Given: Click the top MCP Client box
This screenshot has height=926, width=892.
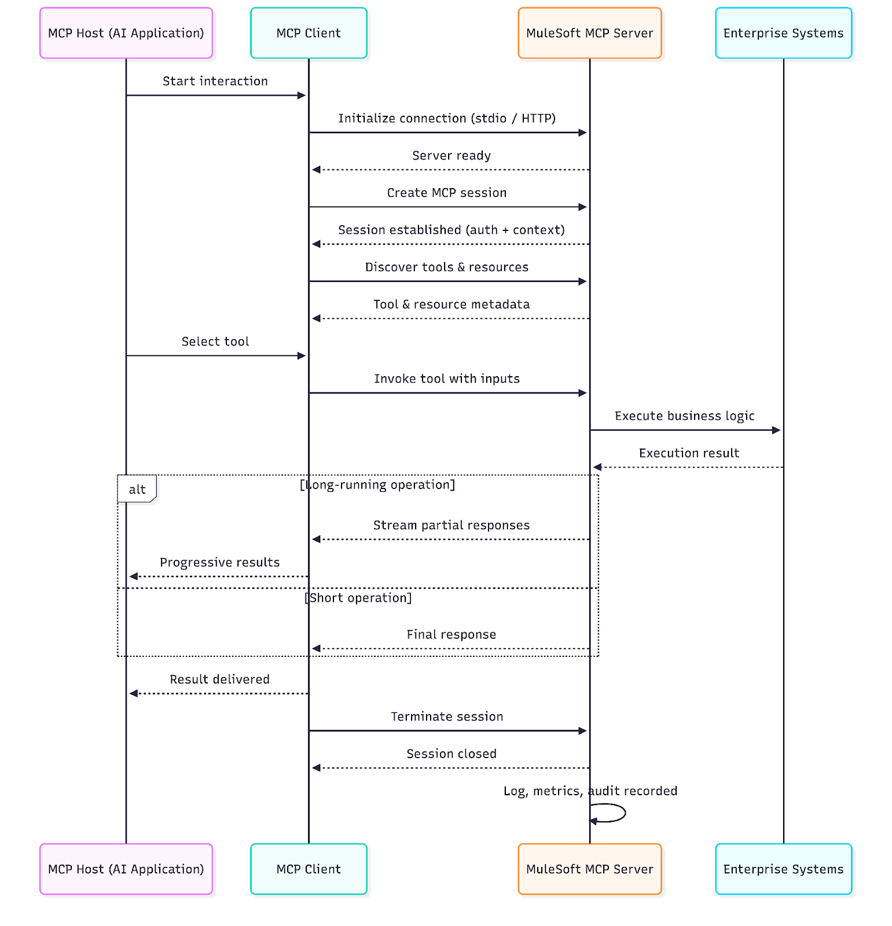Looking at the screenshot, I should coord(309,33).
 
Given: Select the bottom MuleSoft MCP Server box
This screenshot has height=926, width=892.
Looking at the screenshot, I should coord(589,869).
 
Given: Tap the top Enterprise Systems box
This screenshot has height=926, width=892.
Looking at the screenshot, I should coord(783,33).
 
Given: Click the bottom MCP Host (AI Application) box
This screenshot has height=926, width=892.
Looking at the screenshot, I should coord(126,869).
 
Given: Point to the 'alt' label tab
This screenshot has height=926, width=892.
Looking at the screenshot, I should coord(137,489).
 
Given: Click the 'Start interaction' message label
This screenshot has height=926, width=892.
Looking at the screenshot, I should coord(215,81).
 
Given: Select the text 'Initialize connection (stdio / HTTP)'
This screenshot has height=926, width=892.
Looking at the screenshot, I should coord(446,118).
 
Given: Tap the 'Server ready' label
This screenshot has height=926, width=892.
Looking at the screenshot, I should coord(451,155).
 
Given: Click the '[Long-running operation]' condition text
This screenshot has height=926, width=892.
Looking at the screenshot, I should coord(377,484).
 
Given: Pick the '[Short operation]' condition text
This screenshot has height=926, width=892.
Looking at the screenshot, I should coord(358,597).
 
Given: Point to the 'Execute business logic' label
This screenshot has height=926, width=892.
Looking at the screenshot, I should coord(684,416).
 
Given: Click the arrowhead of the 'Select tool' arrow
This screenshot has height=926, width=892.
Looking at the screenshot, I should coord(302,356).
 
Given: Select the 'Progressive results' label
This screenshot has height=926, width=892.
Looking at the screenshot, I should coord(219,562).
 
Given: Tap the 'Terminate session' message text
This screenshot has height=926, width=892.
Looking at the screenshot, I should coord(446,716).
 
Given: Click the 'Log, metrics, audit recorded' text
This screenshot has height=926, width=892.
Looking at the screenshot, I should coord(590,791).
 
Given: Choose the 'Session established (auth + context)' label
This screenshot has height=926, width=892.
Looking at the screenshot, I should coord(451,230).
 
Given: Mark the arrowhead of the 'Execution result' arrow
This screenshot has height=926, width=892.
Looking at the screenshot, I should coord(597,467).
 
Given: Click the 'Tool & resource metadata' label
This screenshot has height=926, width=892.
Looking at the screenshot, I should coord(451,304).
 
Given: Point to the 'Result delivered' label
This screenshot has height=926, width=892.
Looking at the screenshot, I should coord(219,679).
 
